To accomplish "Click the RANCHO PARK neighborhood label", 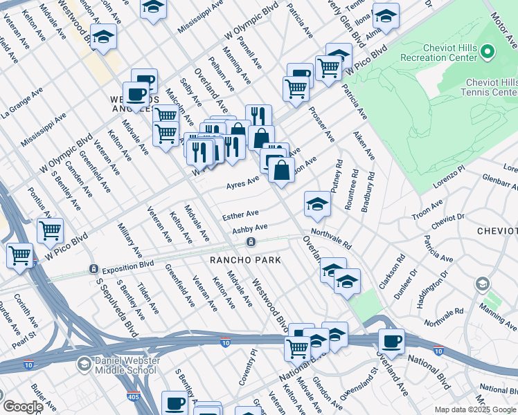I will [246, 260].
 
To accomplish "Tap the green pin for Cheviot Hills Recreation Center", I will [487, 52].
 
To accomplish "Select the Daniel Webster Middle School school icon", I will [83, 364].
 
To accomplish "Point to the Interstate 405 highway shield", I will [133, 397].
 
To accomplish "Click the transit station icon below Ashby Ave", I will [251, 241].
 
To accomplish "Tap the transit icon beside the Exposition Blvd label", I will [93, 268].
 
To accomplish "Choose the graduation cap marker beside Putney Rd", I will [317, 203].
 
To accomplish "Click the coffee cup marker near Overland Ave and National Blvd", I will [391, 341].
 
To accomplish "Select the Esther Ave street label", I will [240, 215].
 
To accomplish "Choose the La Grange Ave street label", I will [21, 100].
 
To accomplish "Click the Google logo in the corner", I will [23, 407].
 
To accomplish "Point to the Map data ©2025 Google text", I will [475, 409].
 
